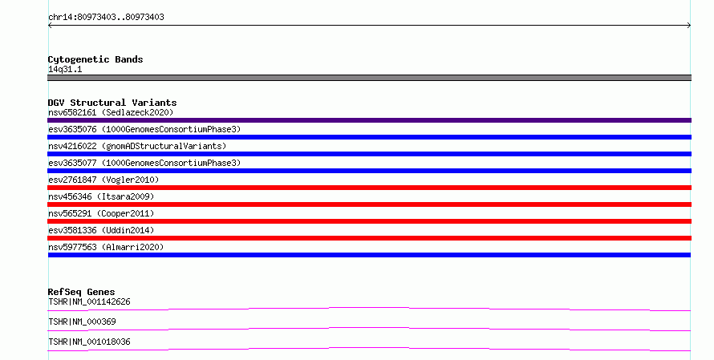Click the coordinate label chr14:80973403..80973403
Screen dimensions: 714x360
pos(106,18)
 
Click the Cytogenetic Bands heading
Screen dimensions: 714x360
pos(95,59)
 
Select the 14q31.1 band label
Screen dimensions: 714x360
pos(65,69)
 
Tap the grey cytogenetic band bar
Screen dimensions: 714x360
pos(369,78)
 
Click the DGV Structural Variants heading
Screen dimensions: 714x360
pos(112,103)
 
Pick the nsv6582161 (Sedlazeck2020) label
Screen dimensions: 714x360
pos(111,112)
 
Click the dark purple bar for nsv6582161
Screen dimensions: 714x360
pos(369,120)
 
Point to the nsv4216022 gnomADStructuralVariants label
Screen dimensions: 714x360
pos(137,146)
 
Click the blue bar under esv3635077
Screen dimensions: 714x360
pos(369,171)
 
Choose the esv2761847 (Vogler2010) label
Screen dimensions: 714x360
pos(103,180)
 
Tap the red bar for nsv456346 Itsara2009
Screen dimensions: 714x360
pos(369,204)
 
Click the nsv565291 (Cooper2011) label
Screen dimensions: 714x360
pos(101,213)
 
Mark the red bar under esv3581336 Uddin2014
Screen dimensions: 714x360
pos(369,238)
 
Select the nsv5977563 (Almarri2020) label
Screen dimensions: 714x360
pos(106,247)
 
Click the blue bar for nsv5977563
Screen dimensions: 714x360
pos(369,255)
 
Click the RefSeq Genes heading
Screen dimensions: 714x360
pos(82,292)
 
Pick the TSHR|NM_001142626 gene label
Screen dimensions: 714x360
pos(89,301)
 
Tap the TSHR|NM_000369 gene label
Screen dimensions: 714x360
pos(82,322)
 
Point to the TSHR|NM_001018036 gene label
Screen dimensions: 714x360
pos(89,342)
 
